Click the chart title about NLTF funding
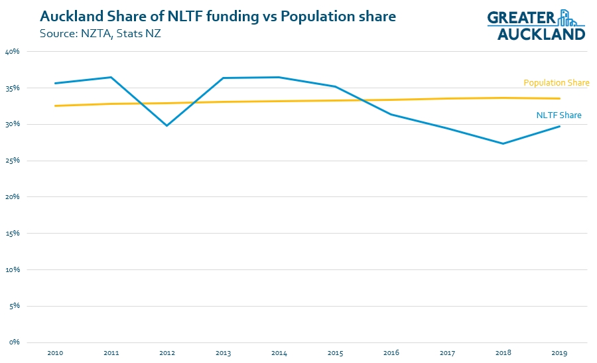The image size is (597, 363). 218,16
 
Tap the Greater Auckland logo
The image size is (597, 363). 537,25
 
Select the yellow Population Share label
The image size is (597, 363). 557,83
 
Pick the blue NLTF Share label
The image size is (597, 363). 559,115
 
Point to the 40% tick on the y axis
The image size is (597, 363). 12,52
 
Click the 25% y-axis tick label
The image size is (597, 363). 12,161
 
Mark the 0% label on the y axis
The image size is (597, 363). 14,342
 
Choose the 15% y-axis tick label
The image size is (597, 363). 12,234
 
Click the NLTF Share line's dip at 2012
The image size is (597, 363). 166,125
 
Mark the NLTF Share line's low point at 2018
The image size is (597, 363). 503,143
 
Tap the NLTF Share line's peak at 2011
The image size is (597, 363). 111,77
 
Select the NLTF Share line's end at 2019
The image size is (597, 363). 559,126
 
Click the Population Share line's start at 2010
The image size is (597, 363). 55,106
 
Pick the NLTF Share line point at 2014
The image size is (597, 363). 279,77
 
